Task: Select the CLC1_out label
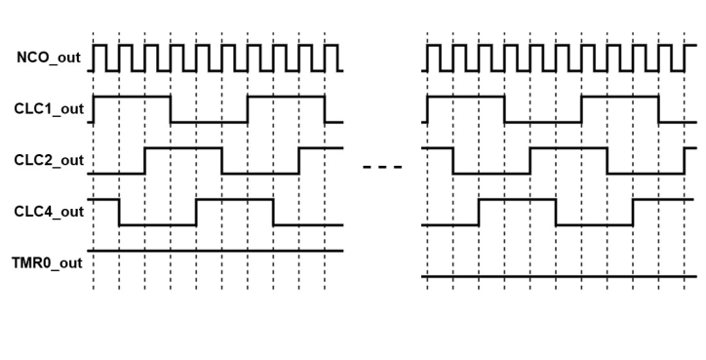pyautogui.click(x=49, y=108)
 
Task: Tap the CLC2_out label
pyautogui.click(x=49, y=160)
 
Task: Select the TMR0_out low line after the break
pyautogui.click(x=561, y=277)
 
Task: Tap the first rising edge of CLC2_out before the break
pyautogui.click(x=145, y=160)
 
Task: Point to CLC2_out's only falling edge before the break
pyautogui.click(x=222, y=160)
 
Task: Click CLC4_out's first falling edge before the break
pyautogui.click(x=119, y=212)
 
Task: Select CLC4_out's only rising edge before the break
pyautogui.click(x=196, y=212)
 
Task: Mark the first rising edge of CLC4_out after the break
pyautogui.click(x=478, y=212)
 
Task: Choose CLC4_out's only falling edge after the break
pyautogui.click(x=556, y=212)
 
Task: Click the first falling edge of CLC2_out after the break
pyautogui.click(x=452, y=160)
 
